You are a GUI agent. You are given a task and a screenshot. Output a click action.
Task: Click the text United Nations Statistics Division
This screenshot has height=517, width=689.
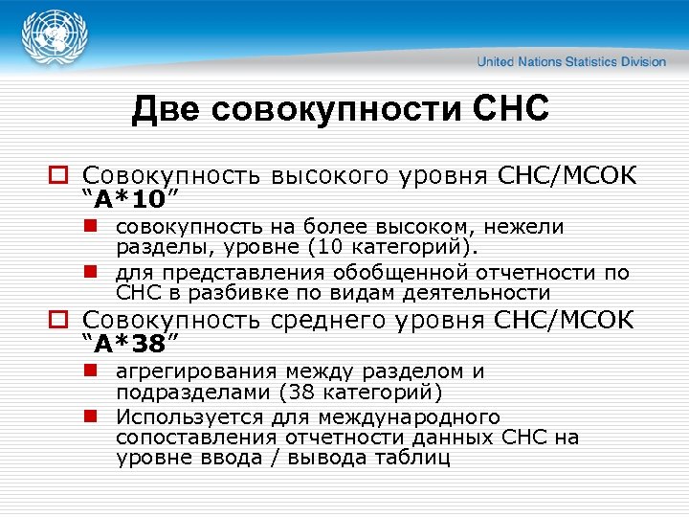571,61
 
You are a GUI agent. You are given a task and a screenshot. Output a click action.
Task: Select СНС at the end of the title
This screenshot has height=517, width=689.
511,109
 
